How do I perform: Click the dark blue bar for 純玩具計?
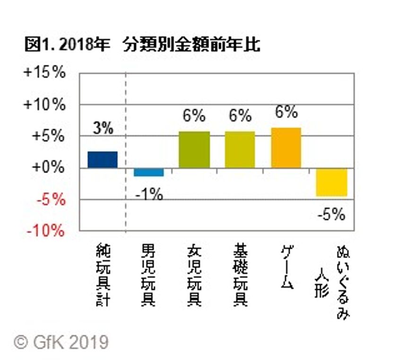[103, 159]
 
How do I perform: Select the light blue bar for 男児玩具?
[148, 172]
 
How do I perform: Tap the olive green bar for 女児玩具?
[194, 149]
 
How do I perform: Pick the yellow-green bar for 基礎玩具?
[240, 149]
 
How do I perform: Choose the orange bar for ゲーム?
[285, 148]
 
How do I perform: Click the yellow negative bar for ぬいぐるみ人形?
[331, 182]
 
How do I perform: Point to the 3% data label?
[103, 129]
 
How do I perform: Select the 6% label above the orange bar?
[285, 113]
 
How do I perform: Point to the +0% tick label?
[47, 167]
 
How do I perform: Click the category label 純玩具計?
[103, 274]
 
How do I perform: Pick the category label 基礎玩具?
[240, 274]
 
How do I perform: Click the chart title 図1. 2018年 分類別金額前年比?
[142, 44]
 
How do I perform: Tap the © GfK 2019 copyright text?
[61, 342]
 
